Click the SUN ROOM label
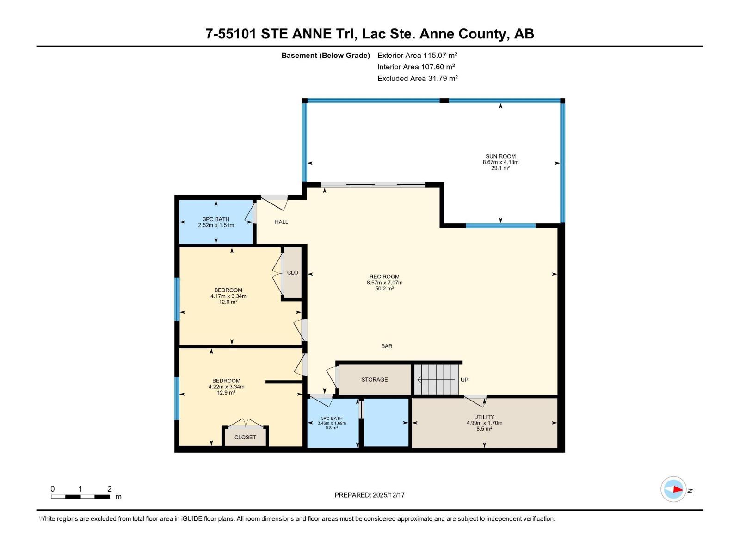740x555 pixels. coord(500,156)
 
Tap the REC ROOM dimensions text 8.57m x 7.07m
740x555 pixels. coord(384,283)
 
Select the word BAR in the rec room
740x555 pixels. coord(387,346)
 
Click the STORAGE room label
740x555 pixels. coord(374,379)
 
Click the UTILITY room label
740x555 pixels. coord(484,417)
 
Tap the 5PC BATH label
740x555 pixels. coord(332,418)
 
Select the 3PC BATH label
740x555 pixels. coord(216,219)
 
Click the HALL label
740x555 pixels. coord(281,222)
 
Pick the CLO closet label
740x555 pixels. coord(292,272)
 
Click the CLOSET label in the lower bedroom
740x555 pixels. coord(245,437)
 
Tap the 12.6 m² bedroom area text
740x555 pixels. coord(228,302)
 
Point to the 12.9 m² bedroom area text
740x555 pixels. coord(226,393)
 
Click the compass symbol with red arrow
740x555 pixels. coord(673,489)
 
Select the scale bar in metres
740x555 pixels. coord(80,497)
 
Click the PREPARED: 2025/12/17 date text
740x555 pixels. coord(370,495)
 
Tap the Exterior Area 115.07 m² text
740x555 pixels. coord(417,55)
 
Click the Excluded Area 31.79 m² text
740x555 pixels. coord(417,78)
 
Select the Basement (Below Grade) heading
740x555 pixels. coord(326,55)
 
